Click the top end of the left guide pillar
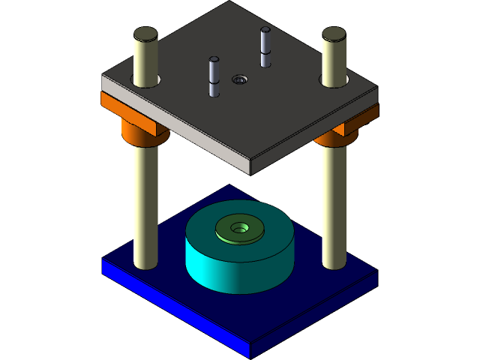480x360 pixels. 145,34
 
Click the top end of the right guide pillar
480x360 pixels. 334,34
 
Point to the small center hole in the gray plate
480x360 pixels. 239,79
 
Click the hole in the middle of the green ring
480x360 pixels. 240,226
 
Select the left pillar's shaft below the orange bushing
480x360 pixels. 145,202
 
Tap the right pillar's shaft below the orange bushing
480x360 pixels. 334,202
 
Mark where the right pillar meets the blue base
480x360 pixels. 334,265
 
